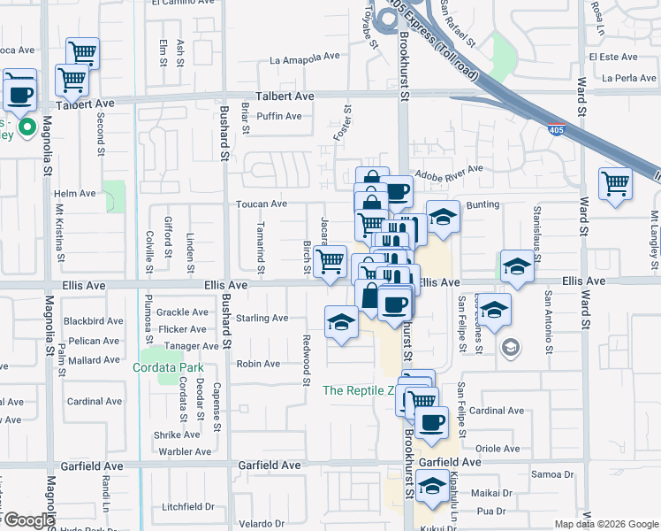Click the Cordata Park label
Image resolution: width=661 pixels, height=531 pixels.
(168, 368)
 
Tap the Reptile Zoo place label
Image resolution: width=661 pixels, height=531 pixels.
(357, 390)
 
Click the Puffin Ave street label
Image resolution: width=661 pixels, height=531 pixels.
(278, 116)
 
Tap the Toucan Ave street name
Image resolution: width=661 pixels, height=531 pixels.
(262, 204)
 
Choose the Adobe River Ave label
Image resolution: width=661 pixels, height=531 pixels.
(449, 169)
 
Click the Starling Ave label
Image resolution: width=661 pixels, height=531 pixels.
(262, 318)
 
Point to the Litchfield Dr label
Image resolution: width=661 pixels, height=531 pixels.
(191, 507)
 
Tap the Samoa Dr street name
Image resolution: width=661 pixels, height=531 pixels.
(553, 474)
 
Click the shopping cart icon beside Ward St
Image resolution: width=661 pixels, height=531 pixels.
(615, 184)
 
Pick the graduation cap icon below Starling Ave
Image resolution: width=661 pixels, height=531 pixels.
(341, 323)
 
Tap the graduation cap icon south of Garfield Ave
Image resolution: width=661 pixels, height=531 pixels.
(432, 487)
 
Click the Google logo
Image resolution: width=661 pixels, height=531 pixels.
(28, 519)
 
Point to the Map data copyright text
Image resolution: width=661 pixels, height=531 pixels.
(606, 523)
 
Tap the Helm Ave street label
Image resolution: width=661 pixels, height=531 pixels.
(74, 194)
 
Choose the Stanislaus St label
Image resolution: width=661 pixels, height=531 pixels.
(536, 227)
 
